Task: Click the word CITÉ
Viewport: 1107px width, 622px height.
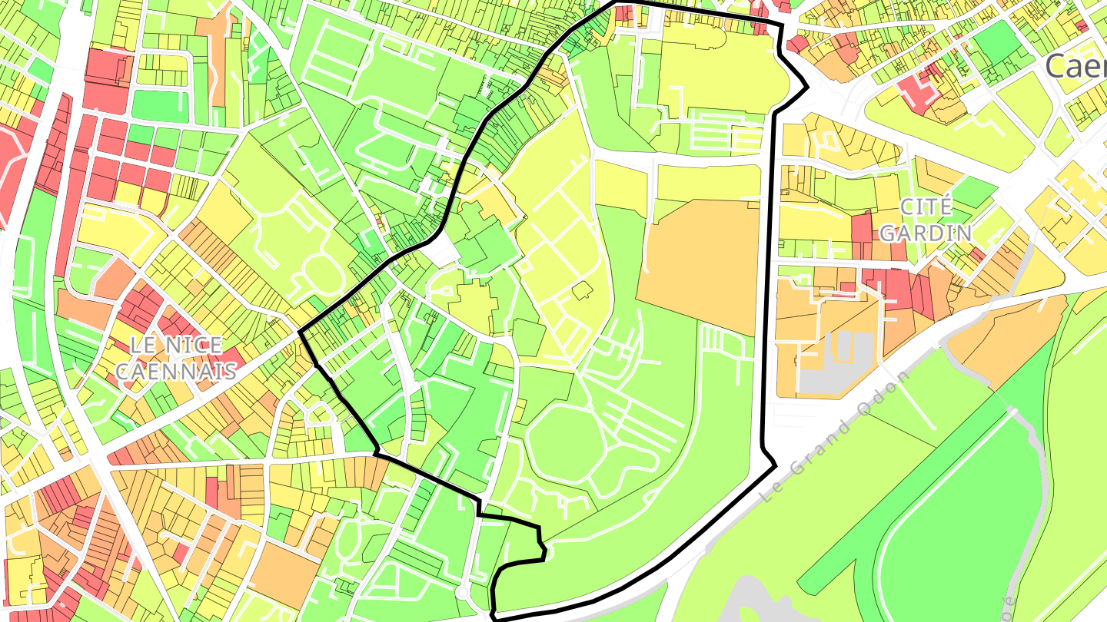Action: coord(926,207)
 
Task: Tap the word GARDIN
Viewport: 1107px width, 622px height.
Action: coord(926,232)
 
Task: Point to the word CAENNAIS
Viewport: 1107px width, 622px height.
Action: coord(175,372)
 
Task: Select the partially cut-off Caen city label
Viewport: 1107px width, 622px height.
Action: coord(1076,68)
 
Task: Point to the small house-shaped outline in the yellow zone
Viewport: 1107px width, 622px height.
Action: coord(582,290)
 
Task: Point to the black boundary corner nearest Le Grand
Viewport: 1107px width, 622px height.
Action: coord(775,465)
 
